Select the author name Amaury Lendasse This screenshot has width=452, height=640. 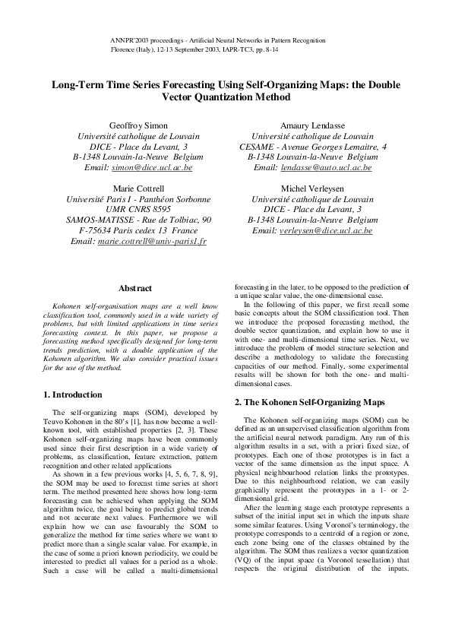point(312,125)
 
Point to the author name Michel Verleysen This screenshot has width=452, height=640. point(312,188)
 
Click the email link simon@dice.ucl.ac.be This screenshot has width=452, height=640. point(155,167)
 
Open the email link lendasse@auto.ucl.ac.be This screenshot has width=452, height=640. point(333,167)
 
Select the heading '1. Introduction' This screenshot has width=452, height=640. point(71,394)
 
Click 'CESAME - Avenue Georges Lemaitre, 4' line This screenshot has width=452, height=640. point(312,146)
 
